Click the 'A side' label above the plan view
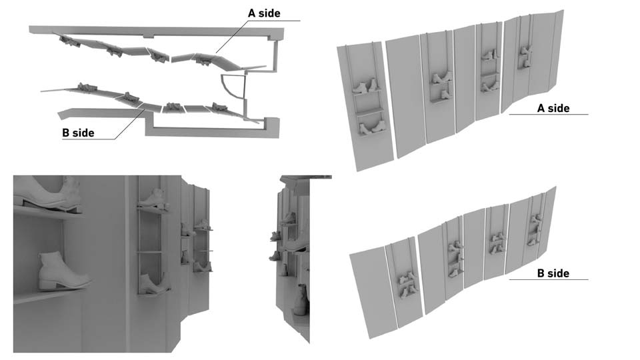click(x=264, y=13)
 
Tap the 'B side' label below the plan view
click(x=79, y=133)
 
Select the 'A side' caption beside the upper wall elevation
click(x=553, y=108)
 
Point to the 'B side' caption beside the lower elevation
click(x=553, y=273)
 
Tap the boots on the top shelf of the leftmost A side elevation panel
click(x=366, y=87)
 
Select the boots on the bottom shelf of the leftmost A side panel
click(x=372, y=127)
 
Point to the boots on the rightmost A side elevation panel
click(x=525, y=57)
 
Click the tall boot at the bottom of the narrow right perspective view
click(x=301, y=300)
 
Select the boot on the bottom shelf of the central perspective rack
click(x=153, y=283)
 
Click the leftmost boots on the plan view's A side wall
click(x=69, y=41)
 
